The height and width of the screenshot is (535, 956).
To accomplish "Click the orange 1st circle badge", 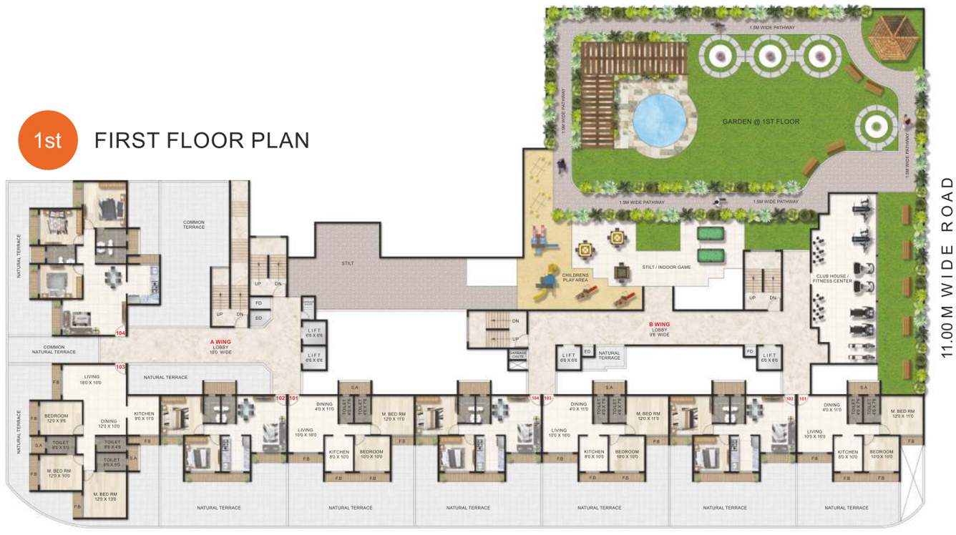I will click(x=47, y=140).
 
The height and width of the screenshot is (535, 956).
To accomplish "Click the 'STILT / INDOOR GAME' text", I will click(x=665, y=267).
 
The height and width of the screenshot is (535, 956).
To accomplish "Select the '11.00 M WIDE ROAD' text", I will click(x=947, y=267).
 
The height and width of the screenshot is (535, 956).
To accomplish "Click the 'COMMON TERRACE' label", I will click(x=194, y=225).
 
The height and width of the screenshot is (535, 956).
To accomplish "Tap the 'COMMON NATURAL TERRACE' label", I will click(x=54, y=349).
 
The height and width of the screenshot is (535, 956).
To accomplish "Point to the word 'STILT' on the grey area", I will click(x=348, y=263).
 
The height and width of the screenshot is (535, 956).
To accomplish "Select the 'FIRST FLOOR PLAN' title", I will click(x=202, y=140).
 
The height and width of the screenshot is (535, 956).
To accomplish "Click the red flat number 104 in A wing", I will click(x=121, y=332).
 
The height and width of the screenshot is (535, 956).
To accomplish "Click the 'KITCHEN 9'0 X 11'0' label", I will click(x=144, y=416).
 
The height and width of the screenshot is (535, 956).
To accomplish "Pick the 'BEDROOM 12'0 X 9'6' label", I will click(x=57, y=418).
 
